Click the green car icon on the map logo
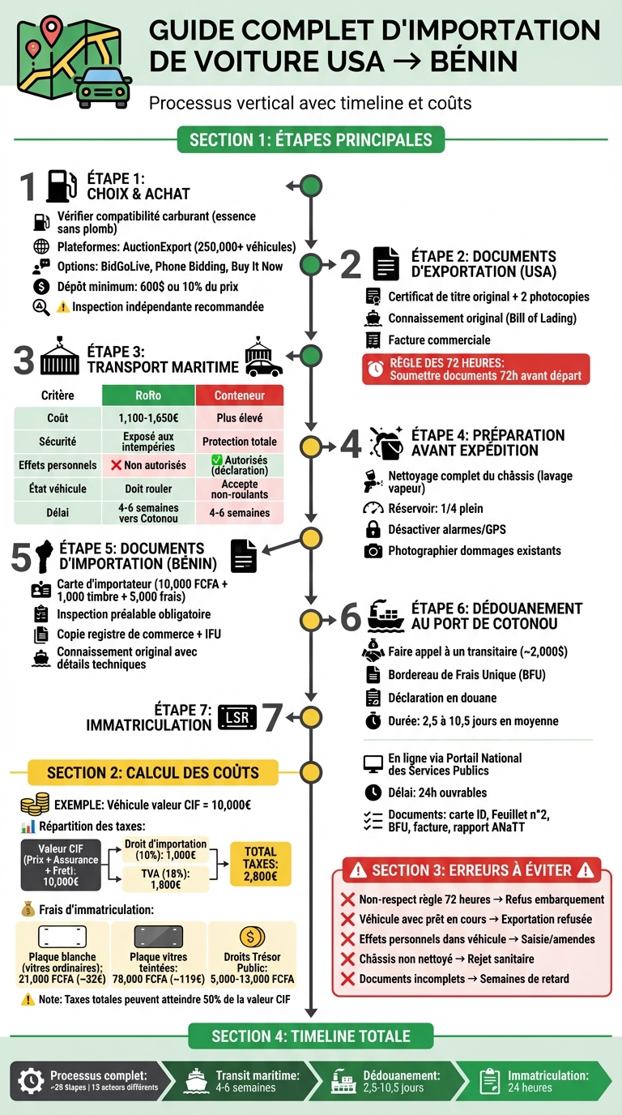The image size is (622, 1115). [x=103, y=88]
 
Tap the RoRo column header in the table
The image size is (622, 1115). [x=148, y=395]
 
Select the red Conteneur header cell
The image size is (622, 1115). [x=240, y=395]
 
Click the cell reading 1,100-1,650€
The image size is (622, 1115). [x=148, y=418]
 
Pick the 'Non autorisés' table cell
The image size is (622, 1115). [x=148, y=465]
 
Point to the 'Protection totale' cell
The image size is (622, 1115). [x=240, y=442]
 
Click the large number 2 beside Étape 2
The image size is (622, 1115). [x=351, y=264]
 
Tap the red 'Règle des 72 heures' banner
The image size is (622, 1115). [x=475, y=370]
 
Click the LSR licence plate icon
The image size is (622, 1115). [x=237, y=717]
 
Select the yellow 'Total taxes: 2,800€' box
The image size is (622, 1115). [x=260, y=864]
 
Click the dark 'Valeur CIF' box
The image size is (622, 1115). [x=61, y=865]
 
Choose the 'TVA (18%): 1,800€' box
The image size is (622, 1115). [x=166, y=879]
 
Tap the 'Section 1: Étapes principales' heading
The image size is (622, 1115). [x=311, y=140]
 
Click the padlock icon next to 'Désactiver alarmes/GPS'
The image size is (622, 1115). [x=373, y=529]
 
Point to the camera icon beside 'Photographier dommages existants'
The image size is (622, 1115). [x=373, y=551]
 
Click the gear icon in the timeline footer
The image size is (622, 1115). [x=31, y=1081]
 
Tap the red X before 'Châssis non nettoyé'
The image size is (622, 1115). [x=347, y=959]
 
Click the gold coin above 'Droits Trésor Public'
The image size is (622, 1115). [x=252, y=938]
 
